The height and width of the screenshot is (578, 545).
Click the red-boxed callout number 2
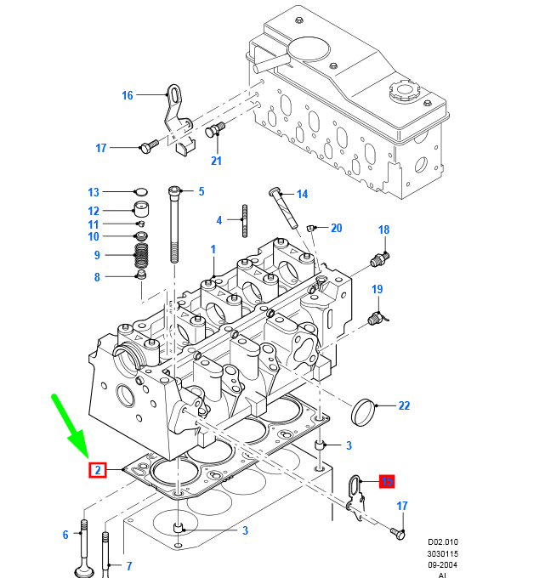pos(97,469)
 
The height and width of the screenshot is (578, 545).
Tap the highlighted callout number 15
pos(387,481)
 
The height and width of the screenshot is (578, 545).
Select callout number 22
pos(404,405)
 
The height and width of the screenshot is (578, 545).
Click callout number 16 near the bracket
pos(128,95)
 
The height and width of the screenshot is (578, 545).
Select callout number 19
pos(377,290)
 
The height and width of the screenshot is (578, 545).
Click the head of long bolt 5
pos(174,190)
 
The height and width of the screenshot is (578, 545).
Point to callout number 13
pos(94,192)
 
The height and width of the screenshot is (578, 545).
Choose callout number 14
pos(301,194)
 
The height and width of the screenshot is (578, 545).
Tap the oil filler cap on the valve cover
pos(400,90)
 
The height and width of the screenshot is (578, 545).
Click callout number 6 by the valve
pos(65,535)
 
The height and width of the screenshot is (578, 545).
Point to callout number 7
pos(129,565)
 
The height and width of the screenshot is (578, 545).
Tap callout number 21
pos(216,161)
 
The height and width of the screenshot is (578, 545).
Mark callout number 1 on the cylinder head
pos(213,249)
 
